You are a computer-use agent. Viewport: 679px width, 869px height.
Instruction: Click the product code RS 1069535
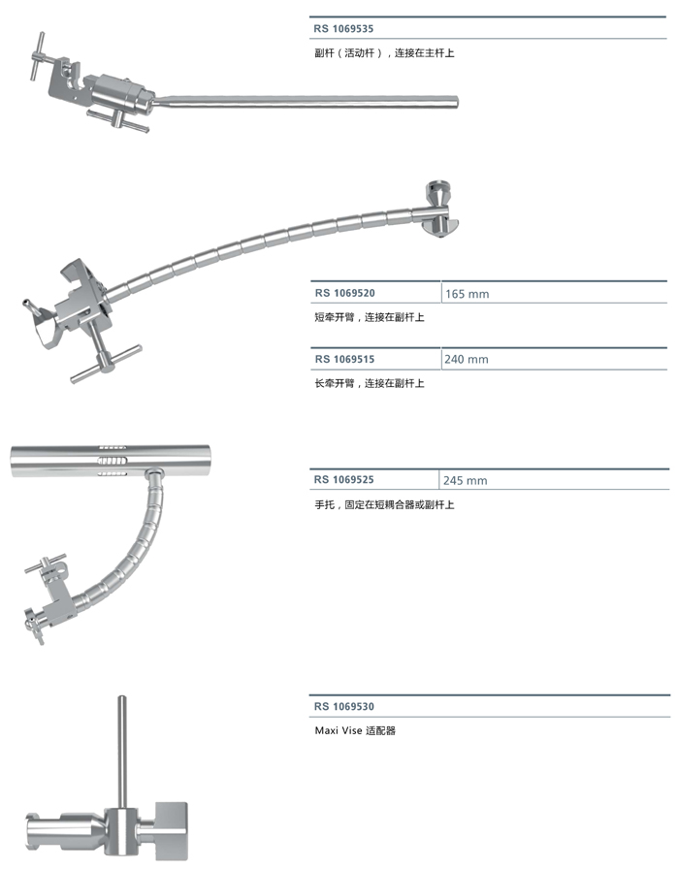[x=344, y=29]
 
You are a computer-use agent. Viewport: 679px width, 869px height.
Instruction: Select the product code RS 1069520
[x=344, y=292]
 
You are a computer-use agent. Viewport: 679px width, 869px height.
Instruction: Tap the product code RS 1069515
[x=344, y=359]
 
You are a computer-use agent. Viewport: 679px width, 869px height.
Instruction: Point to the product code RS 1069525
[x=344, y=480]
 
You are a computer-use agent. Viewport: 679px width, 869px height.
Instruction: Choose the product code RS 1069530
[x=344, y=707]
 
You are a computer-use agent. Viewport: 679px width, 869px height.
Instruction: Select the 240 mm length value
[x=467, y=360]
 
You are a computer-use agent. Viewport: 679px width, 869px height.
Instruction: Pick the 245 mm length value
[x=467, y=481]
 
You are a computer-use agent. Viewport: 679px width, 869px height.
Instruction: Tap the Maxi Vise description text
[x=356, y=730]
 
